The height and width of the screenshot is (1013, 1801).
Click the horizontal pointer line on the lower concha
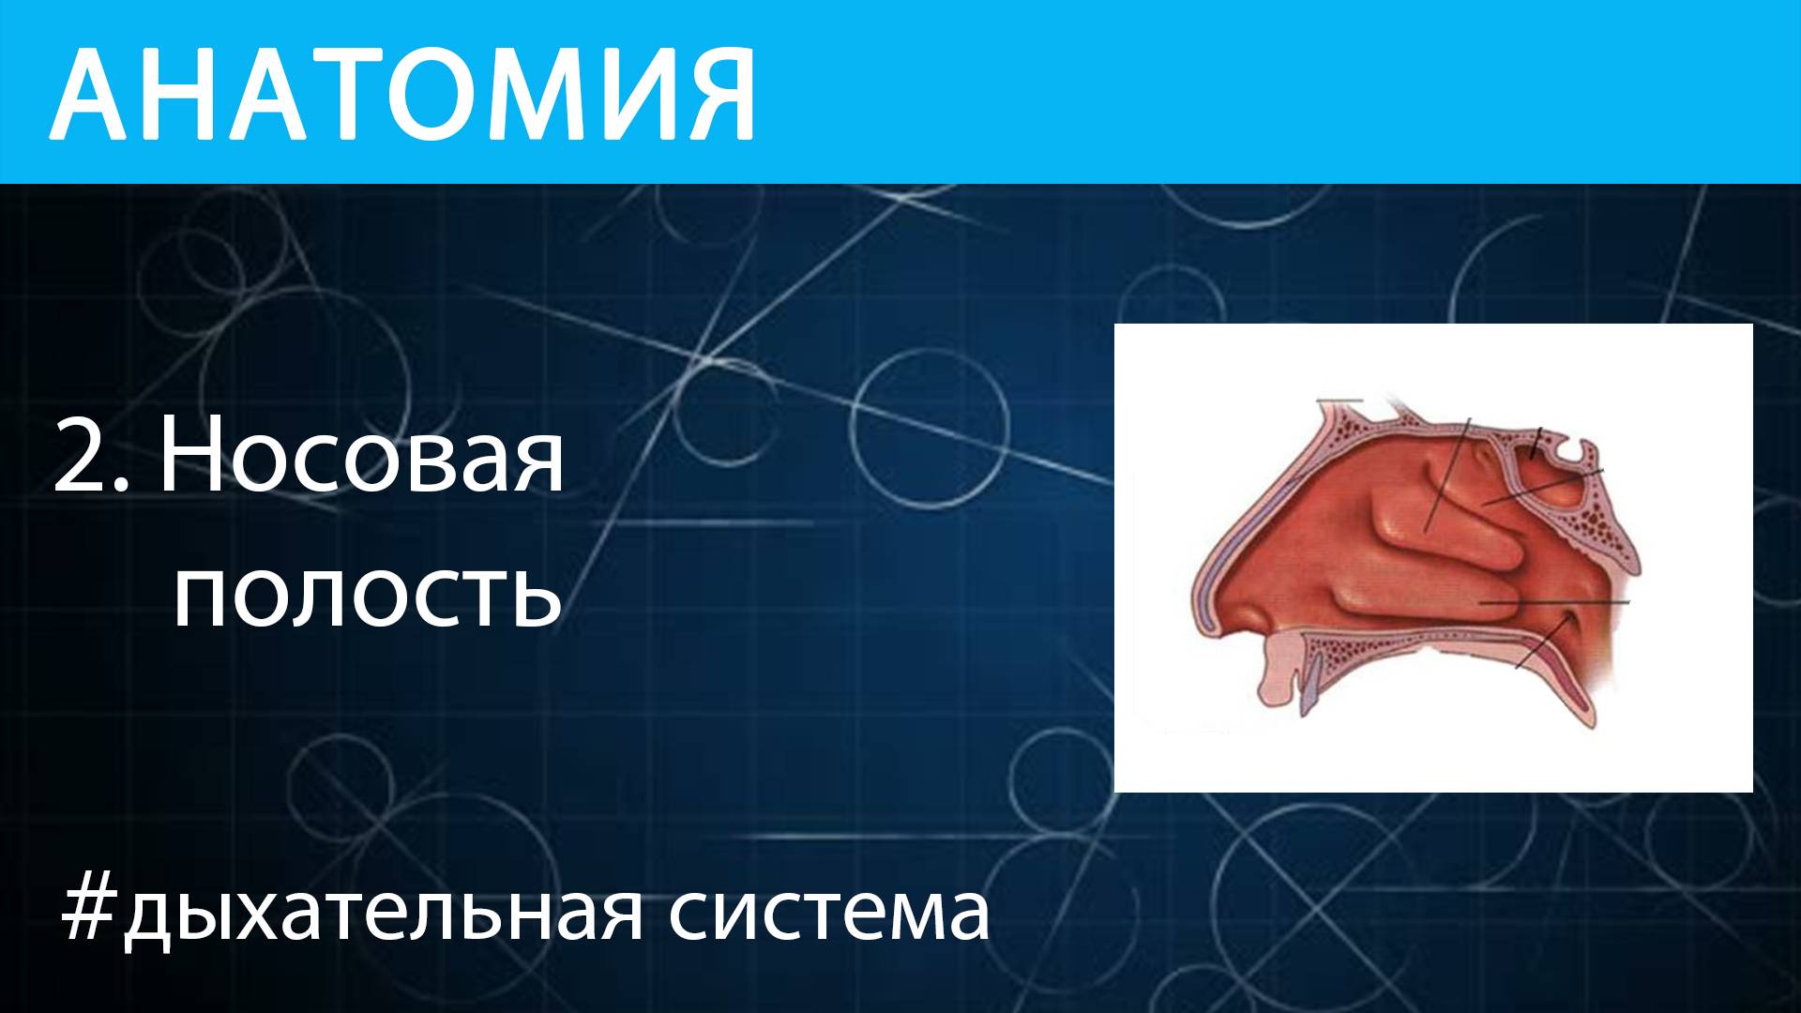click(1557, 601)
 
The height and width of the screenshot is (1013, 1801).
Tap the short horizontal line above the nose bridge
click(1339, 401)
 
